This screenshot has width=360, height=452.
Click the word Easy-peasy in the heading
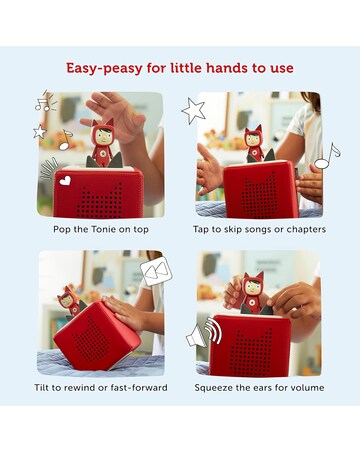[x=99, y=69]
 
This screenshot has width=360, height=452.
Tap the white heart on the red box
[x=65, y=180]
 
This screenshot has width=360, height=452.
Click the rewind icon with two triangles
[x=156, y=271]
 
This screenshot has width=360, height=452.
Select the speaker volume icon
[x=203, y=333]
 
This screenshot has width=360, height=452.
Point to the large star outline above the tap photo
[x=193, y=111]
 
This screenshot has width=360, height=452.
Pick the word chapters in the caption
[x=306, y=230]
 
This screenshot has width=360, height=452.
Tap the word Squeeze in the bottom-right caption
[x=210, y=388]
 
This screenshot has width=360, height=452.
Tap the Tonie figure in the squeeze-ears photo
[x=253, y=293]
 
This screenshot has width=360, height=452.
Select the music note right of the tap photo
[x=327, y=156]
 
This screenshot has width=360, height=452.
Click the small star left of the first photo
[x=40, y=132]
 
